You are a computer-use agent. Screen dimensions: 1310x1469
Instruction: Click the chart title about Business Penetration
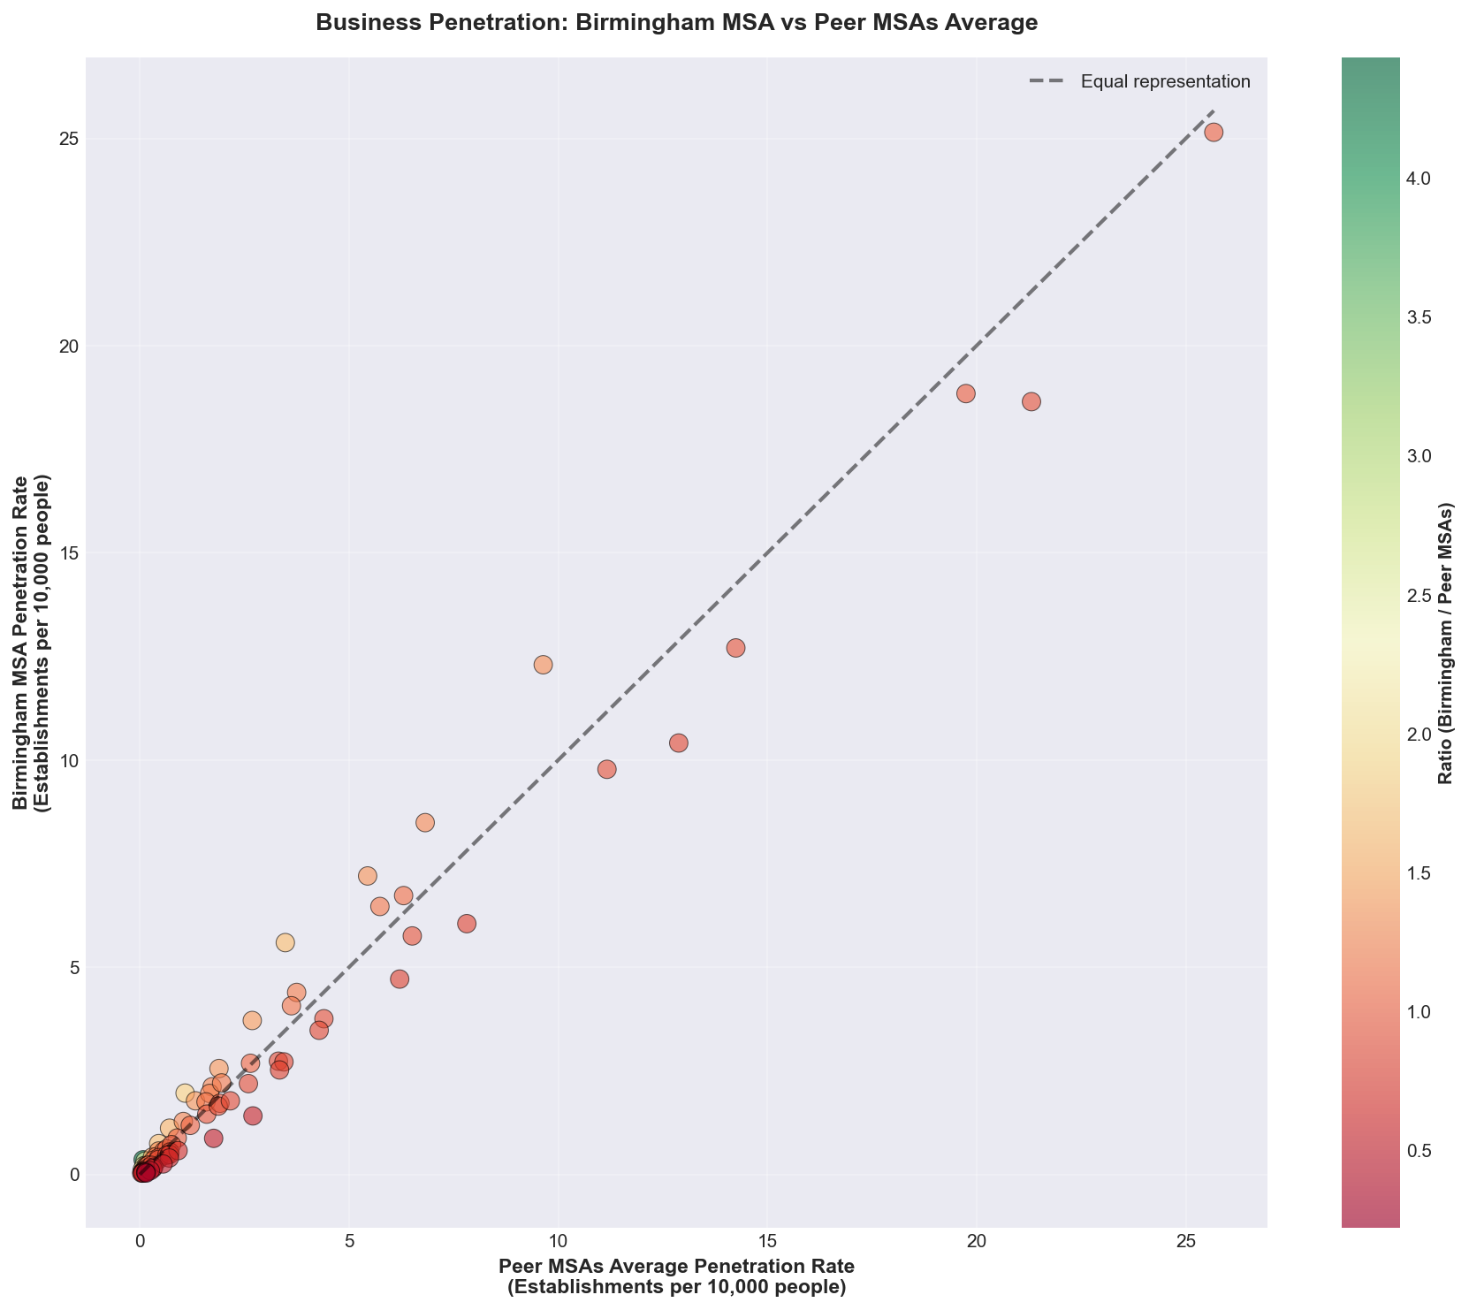tap(676, 24)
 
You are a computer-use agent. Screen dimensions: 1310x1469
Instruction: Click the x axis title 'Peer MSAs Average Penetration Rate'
tap(676, 1266)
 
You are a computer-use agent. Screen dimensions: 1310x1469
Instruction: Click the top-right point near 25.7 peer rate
tap(1214, 133)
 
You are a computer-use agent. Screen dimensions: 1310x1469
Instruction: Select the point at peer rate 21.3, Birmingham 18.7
tap(1031, 401)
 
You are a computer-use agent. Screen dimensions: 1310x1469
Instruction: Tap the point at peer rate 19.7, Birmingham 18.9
tap(965, 393)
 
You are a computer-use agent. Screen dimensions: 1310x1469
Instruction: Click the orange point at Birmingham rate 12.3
tap(543, 665)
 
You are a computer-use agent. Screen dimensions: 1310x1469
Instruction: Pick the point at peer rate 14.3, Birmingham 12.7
tap(735, 648)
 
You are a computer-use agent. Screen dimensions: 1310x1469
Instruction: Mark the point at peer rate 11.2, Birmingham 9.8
tap(606, 769)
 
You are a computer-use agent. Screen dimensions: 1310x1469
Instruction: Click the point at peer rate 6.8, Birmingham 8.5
tap(425, 823)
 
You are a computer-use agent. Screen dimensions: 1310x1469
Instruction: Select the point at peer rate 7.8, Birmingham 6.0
tap(467, 924)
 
